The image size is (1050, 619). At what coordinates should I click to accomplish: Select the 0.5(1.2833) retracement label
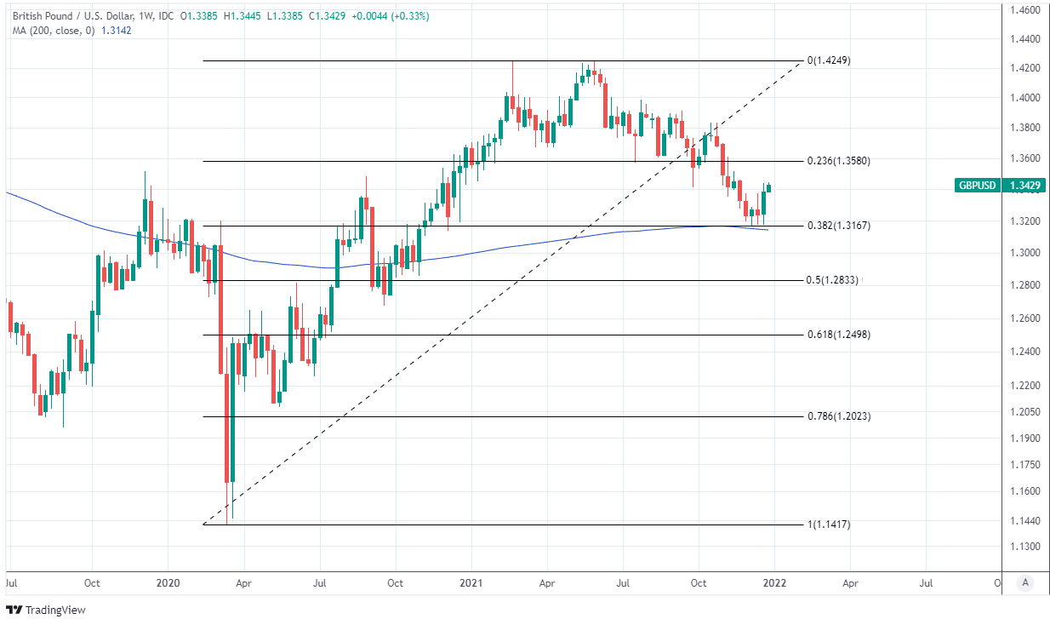pos(833,280)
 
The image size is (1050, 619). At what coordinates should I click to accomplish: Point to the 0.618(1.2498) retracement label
pos(837,335)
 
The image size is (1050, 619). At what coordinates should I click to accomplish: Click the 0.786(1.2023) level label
pos(837,416)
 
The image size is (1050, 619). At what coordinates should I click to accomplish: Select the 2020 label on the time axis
pos(168,583)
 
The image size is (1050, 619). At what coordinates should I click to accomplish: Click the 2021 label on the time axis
pos(471,583)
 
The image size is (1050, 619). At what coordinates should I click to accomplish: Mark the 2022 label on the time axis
pos(774,583)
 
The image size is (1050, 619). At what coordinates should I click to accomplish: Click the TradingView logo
pos(49,610)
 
